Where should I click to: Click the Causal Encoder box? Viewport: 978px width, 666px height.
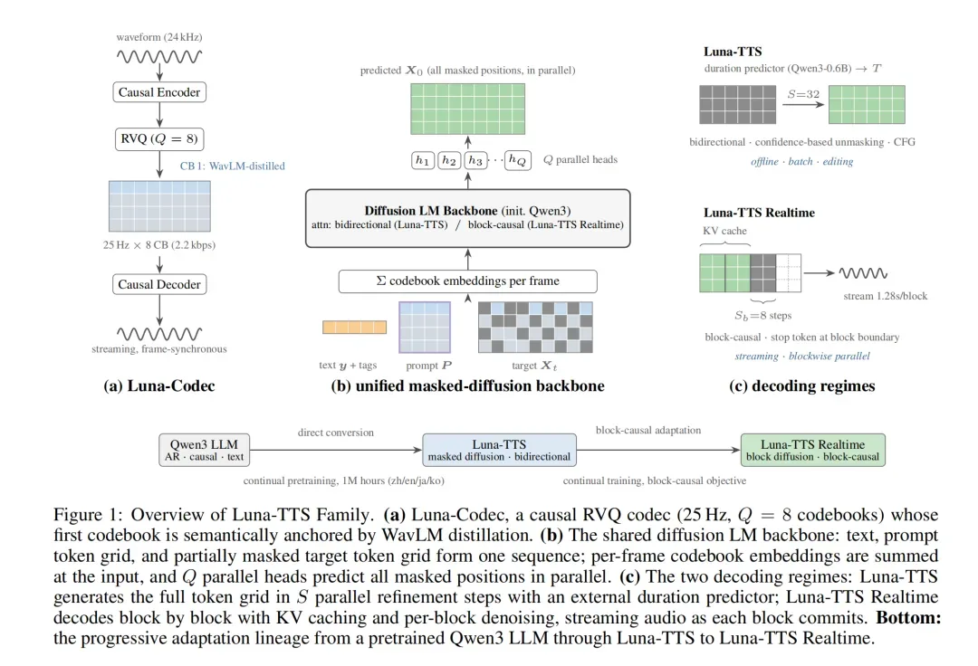pyautogui.click(x=159, y=92)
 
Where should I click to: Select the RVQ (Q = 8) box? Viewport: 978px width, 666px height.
pyautogui.click(x=159, y=139)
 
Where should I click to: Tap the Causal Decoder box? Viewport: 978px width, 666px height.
pyautogui.click(x=159, y=284)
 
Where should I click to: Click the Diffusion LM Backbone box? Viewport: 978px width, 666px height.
pyautogui.click(x=468, y=218)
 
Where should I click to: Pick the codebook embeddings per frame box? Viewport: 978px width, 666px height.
pyautogui.click(x=468, y=281)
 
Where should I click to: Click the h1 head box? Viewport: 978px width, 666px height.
pyautogui.click(x=422, y=161)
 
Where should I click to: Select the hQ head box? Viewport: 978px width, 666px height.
pyautogui.click(x=518, y=161)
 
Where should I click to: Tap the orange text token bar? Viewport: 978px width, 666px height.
pyautogui.click(x=354, y=327)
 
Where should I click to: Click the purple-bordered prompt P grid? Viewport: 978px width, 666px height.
pyautogui.click(x=425, y=327)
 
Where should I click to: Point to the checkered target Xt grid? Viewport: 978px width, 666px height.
pyautogui.click(x=535, y=327)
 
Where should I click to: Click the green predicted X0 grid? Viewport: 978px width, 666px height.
pyautogui.click(x=468, y=109)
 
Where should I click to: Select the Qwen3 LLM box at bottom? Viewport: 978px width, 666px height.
pyautogui.click(x=204, y=450)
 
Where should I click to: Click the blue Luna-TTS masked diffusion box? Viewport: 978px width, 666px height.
pyautogui.click(x=499, y=450)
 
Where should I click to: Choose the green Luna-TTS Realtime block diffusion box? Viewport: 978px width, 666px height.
pyautogui.click(x=812, y=450)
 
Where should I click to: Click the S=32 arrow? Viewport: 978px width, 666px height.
pyautogui.click(x=803, y=104)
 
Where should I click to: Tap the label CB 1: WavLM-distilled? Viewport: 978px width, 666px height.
pyautogui.click(x=232, y=166)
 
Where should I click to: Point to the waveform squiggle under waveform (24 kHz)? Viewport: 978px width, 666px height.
pyautogui.click(x=159, y=57)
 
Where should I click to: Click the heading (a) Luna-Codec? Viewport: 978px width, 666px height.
pyautogui.click(x=159, y=386)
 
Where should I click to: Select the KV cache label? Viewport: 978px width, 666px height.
pyautogui.click(x=724, y=231)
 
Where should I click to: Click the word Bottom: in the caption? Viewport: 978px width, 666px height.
pyautogui.click(x=908, y=618)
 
